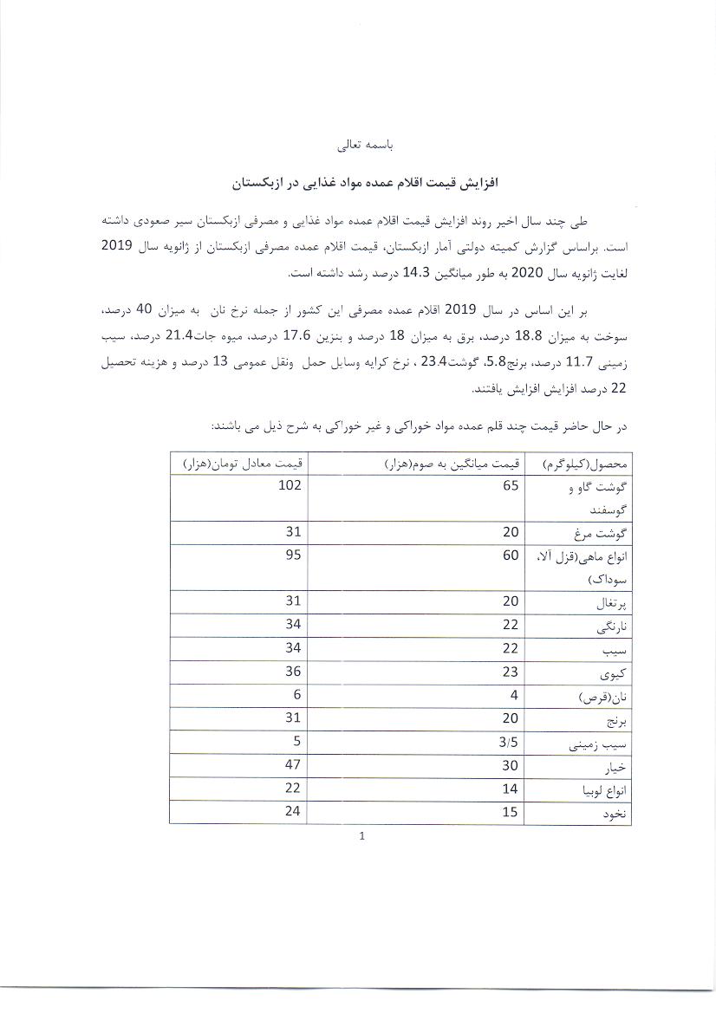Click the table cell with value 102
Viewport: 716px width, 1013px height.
(290, 485)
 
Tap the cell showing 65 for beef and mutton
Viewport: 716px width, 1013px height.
(510, 485)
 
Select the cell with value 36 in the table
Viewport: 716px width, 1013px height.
(292, 672)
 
